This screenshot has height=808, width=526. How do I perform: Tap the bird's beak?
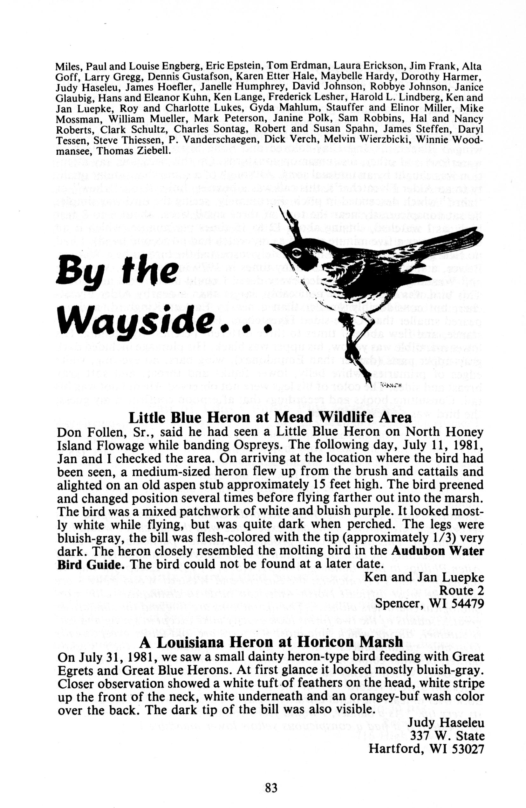point(277,247)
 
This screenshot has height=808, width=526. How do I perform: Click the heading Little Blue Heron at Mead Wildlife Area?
point(270,417)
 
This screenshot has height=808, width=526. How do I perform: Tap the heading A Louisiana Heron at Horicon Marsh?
point(271,642)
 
